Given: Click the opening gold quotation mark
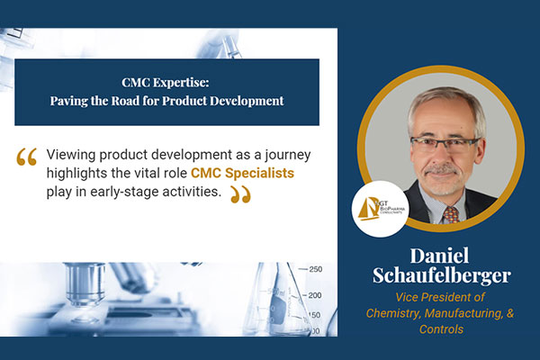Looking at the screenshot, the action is click(26, 157).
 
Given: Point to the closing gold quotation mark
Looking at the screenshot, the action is click(240, 194).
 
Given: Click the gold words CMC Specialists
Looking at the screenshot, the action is click(242, 173).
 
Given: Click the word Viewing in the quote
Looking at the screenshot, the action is click(71, 155).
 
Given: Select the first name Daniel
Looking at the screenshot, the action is click(439, 256).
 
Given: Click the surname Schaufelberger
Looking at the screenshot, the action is click(442, 275).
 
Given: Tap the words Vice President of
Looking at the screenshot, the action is click(440, 297).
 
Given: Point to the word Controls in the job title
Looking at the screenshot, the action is click(441, 329).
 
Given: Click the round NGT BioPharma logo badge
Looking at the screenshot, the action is click(381, 209).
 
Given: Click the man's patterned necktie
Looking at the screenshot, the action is click(451, 214).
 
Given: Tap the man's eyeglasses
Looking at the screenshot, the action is click(445, 145).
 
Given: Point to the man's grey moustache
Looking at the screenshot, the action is click(441, 170).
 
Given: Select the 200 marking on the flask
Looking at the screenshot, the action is click(315, 295).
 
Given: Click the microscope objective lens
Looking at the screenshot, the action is click(85, 283).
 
